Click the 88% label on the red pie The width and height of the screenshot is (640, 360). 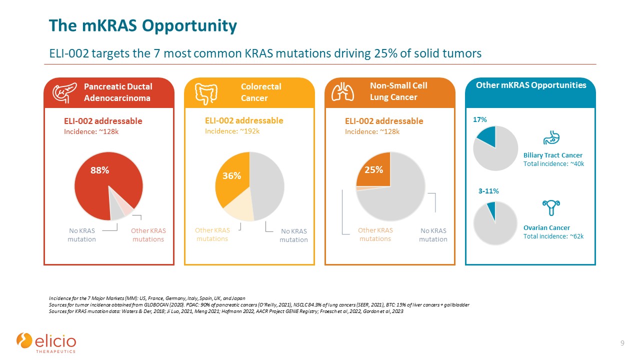pos(99,170)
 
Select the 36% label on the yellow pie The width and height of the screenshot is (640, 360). pos(231,175)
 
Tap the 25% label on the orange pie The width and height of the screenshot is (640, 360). pos(373,170)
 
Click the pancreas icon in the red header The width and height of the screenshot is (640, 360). pos(64,92)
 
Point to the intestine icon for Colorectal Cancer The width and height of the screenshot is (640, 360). pos(206,94)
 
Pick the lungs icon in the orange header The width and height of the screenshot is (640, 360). pos(342,92)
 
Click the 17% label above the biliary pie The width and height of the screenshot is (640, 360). pos(479,119)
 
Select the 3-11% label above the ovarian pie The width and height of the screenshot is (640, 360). pos(488,191)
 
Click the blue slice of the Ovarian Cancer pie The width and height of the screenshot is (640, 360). pos(492,210)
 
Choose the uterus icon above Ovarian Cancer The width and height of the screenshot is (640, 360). pos(551,207)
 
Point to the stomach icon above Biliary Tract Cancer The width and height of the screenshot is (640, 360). pos(551,137)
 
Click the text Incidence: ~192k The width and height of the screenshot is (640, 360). pos(232,131)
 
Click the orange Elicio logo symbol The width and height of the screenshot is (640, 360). pos(24,340)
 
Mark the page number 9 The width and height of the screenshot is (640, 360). pos(622,343)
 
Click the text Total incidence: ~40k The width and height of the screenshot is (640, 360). pos(553,164)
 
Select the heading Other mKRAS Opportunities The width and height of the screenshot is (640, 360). pos(531,85)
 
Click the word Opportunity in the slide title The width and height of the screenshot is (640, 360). pos(189,26)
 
